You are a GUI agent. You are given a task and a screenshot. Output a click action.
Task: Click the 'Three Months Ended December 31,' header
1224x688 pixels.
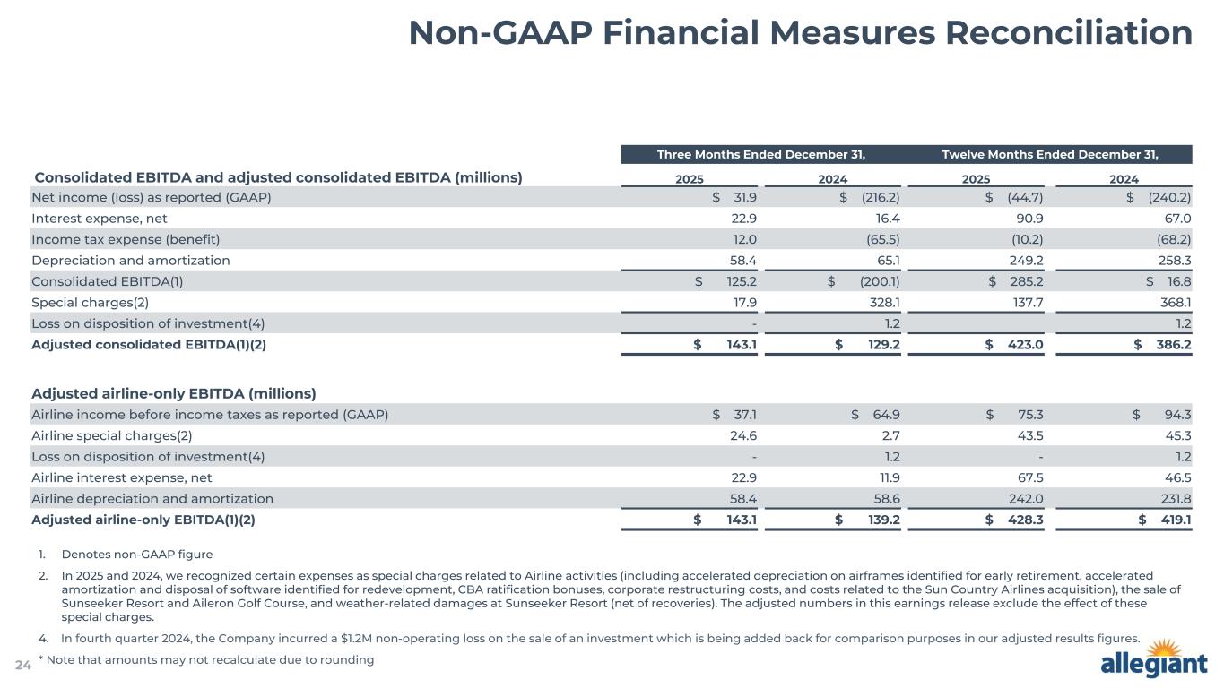click(761, 154)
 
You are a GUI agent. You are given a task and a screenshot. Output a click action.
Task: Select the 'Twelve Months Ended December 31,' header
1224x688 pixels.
click(1049, 154)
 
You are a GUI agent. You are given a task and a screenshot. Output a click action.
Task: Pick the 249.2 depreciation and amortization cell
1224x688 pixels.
click(1024, 260)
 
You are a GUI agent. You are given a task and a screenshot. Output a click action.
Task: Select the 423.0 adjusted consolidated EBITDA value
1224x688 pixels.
click(1024, 343)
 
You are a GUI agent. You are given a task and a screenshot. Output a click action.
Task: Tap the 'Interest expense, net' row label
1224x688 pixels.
click(99, 219)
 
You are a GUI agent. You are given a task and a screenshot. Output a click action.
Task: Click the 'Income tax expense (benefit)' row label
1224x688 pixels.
click(126, 239)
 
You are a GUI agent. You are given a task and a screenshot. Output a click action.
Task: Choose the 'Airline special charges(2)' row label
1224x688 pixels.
click(111, 435)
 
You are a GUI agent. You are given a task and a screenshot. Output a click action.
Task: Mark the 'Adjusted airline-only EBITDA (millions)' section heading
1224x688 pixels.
click(173, 393)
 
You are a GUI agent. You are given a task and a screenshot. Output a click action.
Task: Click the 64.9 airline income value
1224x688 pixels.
click(883, 414)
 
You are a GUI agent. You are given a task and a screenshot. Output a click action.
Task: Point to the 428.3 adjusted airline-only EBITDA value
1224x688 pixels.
click(1024, 519)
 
